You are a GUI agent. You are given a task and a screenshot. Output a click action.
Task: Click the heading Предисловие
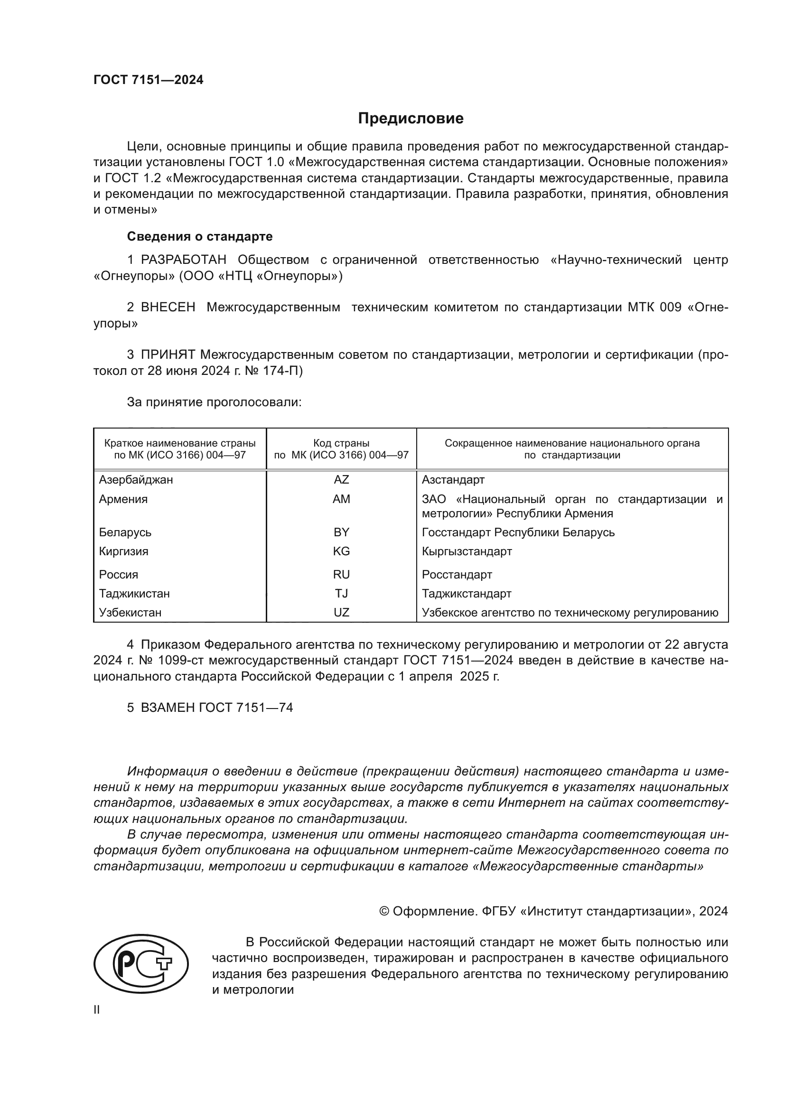(x=411, y=119)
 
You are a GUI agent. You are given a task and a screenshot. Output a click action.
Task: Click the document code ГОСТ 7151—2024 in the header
(x=148, y=80)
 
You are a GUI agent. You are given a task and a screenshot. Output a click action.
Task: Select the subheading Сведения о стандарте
(x=199, y=236)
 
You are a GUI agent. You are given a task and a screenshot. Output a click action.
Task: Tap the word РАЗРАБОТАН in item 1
(x=183, y=260)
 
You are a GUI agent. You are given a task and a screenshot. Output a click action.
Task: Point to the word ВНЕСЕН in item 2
(x=168, y=308)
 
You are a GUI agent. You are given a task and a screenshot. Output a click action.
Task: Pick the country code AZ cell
(x=341, y=480)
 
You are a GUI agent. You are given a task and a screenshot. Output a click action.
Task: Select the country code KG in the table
(x=341, y=551)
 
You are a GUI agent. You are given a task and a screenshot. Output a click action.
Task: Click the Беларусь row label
(x=125, y=532)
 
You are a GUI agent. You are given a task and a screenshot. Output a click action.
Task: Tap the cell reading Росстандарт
(x=456, y=574)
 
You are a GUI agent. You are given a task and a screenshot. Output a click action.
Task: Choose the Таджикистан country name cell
(x=134, y=593)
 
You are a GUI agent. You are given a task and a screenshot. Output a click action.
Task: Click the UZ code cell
(x=341, y=613)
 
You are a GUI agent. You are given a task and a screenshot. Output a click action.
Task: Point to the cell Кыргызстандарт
(x=467, y=551)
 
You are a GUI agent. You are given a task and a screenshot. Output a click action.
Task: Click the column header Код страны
(x=341, y=443)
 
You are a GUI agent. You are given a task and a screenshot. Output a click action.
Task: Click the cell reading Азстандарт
(x=452, y=480)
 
